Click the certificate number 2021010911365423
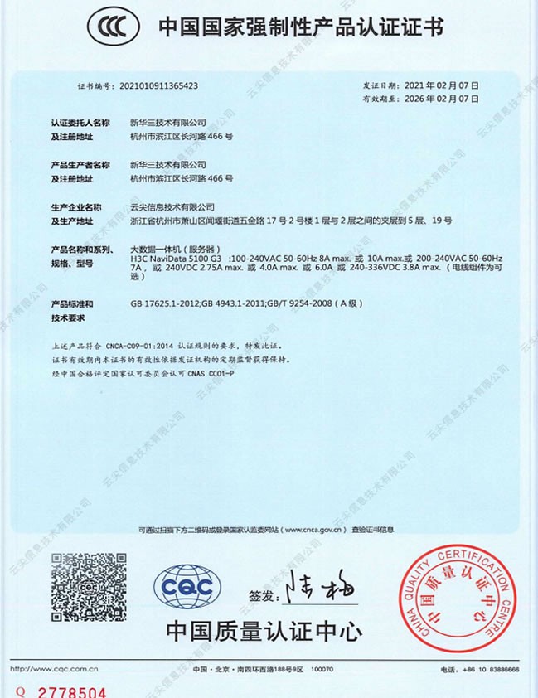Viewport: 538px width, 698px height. click(x=158, y=85)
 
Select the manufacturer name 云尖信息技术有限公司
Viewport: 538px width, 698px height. click(x=172, y=207)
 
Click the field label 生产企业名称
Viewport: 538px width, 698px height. click(x=75, y=207)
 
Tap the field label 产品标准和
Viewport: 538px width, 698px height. click(x=71, y=303)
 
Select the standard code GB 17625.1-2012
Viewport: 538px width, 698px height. click(x=165, y=303)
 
